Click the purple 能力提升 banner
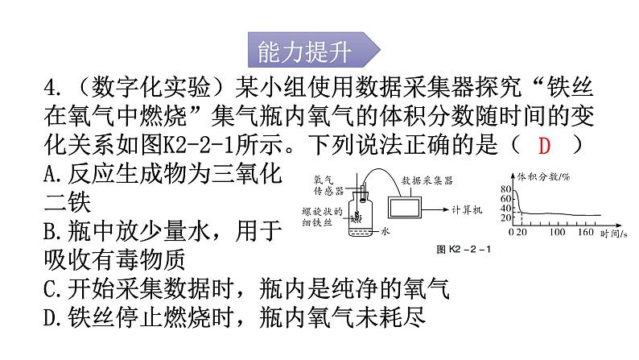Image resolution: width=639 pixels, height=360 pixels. (x=314, y=50)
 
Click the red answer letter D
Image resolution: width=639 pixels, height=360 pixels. (x=544, y=146)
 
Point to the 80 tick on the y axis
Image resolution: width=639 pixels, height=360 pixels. (x=505, y=189)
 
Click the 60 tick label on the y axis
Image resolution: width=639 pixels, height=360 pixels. (x=505, y=199)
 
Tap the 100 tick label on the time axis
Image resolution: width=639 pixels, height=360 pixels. (x=557, y=232)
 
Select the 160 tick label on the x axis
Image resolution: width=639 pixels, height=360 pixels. (x=585, y=232)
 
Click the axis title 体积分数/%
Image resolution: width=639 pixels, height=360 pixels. (x=543, y=176)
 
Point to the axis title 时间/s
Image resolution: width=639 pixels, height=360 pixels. (x=613, y=234)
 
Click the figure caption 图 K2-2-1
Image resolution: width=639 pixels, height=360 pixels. (x=464, y=249)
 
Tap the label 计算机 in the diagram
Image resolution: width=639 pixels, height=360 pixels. (x=467, y=210)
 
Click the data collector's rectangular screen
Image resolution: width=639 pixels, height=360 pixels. (x=404, y=208)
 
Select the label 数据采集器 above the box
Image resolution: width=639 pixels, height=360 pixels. (x=427, y=180)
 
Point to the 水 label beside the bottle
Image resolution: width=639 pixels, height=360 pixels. (x=385, y=231)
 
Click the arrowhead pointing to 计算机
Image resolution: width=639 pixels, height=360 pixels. (x=446, y=209)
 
